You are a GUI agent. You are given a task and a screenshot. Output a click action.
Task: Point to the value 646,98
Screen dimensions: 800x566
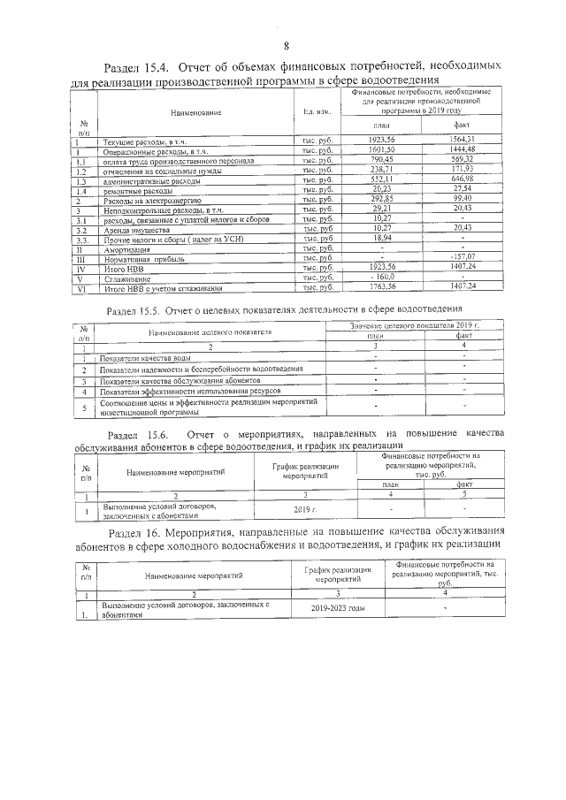[463, 179]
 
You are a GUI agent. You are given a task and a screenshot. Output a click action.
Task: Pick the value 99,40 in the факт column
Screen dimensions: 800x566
[463, 200]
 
